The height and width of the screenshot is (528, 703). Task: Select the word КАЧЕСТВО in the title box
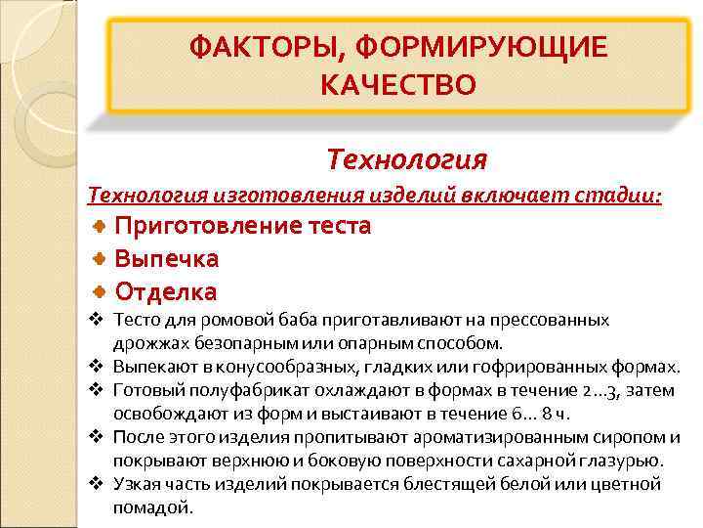[397, 86]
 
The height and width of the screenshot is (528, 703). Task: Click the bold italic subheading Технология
[406, 157]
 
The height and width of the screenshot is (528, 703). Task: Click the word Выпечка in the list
[167, 259]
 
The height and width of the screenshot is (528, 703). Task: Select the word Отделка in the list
[166, 291]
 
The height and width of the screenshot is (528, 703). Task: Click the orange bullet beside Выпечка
[101, 259]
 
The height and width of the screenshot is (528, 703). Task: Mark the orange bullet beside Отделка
[101, 291]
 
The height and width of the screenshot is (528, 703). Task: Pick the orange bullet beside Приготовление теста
[101, 226]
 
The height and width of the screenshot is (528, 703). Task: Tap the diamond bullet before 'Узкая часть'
[96, 484]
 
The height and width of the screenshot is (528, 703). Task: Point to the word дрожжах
[146, 343]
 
